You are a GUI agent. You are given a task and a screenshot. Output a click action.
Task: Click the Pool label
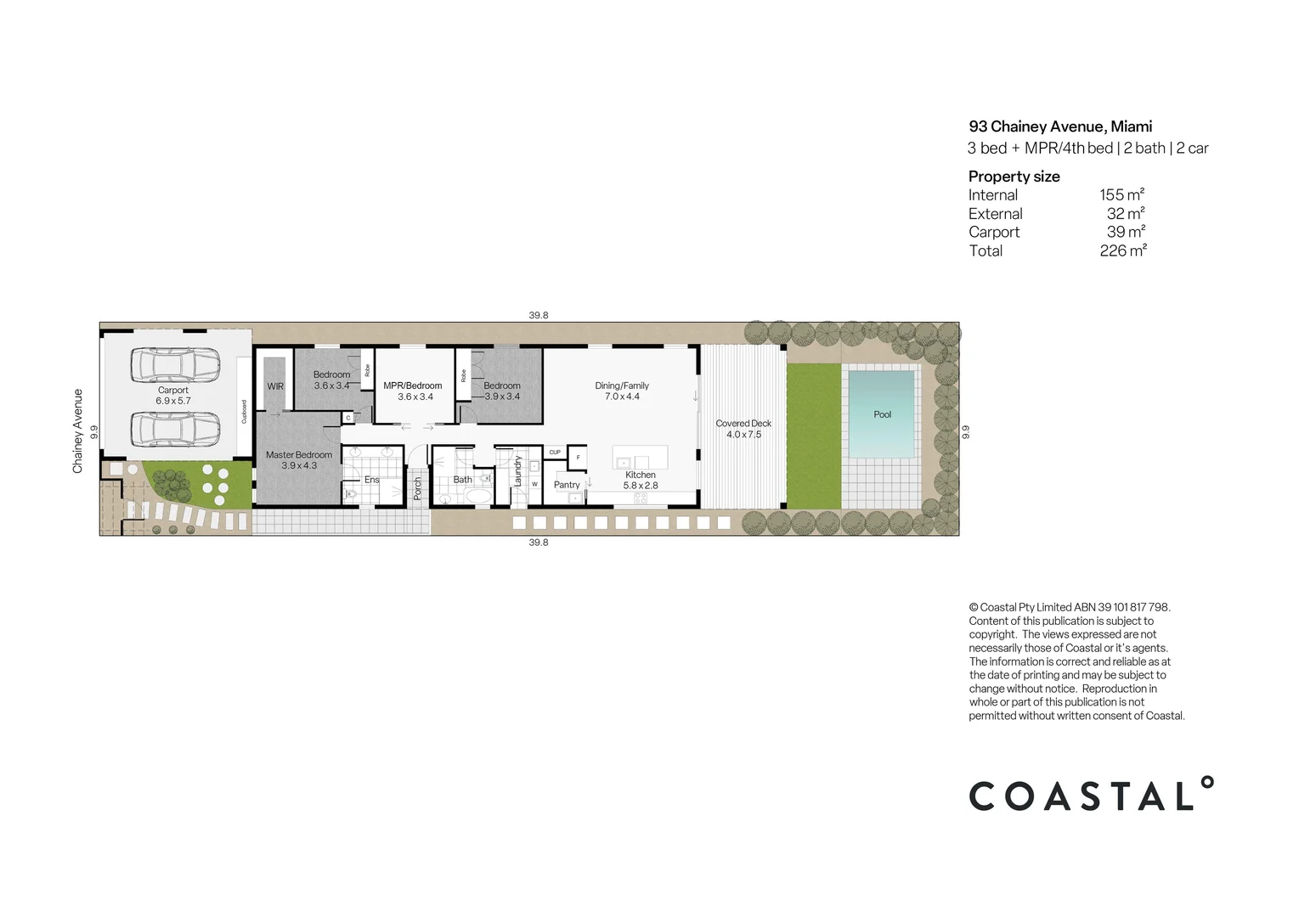click(882, 414)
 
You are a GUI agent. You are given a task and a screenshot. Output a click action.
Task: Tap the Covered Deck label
click(743, 423)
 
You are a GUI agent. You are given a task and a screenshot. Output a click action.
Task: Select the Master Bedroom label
click(299, 455)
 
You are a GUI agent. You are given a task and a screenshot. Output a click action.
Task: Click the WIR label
click(275, 386)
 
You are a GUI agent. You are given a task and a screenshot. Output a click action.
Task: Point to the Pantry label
click(567, 485)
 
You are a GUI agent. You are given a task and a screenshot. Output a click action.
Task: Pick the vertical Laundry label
click(517, 471)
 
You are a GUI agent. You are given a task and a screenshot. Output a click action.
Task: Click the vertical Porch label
click(418, 487)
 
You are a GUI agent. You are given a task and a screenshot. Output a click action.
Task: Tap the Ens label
click(372, 480)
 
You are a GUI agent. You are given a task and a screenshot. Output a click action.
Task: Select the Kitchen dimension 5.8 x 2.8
click(641, 486)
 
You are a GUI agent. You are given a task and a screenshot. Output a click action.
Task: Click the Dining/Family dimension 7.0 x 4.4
click(622, 397)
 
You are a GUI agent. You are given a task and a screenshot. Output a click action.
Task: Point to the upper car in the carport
click(175, 365)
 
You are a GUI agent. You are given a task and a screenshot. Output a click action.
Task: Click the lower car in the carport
click(175, 429)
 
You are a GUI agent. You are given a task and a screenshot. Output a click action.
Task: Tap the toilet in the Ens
click(351, 493)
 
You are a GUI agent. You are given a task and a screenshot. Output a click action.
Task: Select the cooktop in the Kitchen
click(641, 498)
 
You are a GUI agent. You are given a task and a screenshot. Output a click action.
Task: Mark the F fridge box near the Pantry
click(578, 457)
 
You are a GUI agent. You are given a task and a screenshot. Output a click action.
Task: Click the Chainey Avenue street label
click(78, 431)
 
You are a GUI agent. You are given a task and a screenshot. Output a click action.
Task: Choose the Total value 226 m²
click(1122, 250)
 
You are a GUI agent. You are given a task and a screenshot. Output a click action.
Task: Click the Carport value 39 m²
click(1126, 232)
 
